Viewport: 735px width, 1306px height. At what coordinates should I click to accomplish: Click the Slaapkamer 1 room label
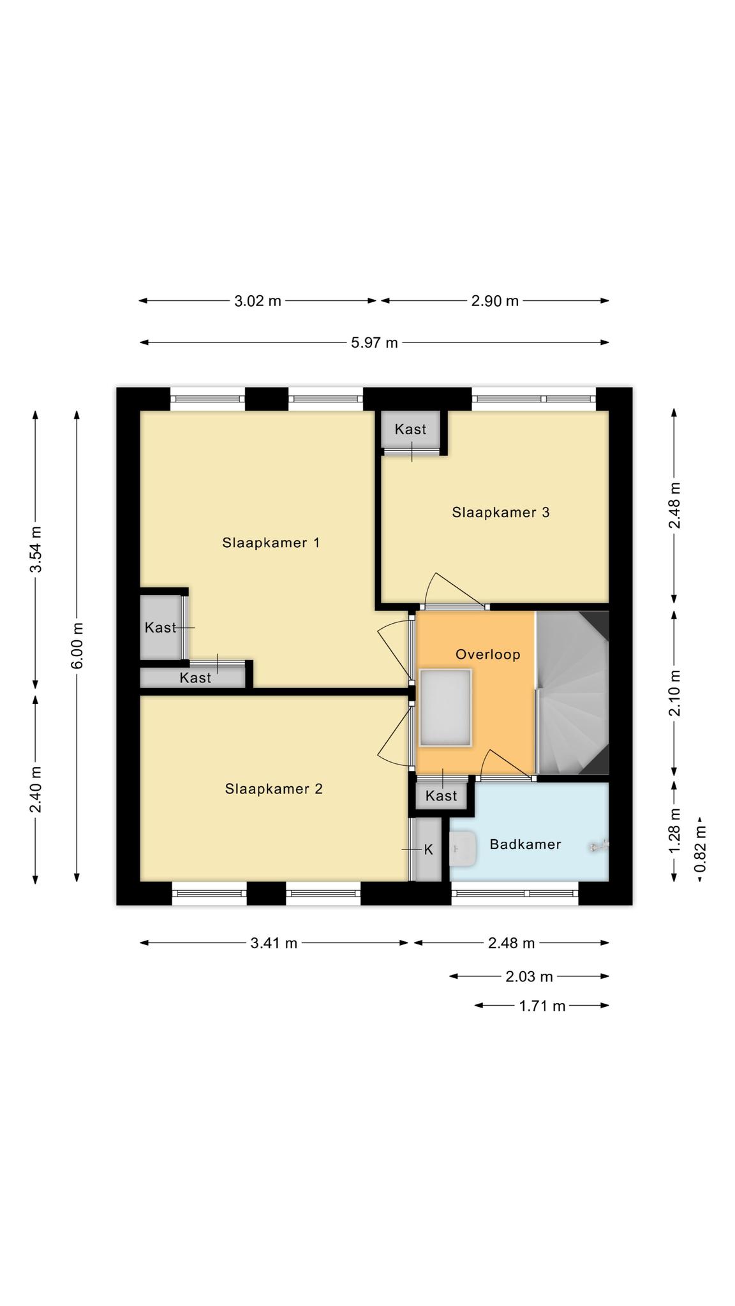pyautogui.click(x=271, y=543)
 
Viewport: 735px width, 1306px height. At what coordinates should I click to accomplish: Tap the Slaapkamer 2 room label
pyautogui.click(x=274, y=789)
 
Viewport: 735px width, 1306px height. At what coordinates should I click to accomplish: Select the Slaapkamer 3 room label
pyautogui.click(x=501, y=512)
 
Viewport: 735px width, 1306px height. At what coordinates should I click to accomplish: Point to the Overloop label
pyautogui.click(x=488, y=654)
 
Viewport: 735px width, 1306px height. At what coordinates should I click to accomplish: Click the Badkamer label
pyautogui.click(x=525, y=844)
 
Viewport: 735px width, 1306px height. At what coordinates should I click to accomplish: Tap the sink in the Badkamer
pyautogui.click(x=463, y=849)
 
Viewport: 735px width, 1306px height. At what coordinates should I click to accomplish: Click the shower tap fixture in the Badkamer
pyautogui.click(x=600, y=846)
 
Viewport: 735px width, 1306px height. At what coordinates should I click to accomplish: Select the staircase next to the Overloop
pyautogui.click(x=572, y=693)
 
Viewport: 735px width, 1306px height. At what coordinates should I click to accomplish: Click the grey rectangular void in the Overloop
pyautogui.click(x=445, y=708)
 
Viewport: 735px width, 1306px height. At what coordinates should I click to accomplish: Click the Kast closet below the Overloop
pyautogui.click(x=442, y=795)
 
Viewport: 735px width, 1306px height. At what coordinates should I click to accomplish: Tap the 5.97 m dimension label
pyautogui.click(x=375, y=343)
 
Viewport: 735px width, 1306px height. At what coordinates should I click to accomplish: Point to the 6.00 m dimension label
pyautogui.click(x=77, y=645)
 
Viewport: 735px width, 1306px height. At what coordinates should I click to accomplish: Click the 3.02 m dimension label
pyautogui.click(x=258, y=301)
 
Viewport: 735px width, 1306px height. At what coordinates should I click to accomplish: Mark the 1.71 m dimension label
pyautogui.click(x=542, y=1006)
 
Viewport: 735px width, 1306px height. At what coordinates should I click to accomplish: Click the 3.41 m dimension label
pyautogui.click(x=274, y=943)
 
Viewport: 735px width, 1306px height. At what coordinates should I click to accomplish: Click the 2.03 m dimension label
pyautogui.click(x=529, y=976)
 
